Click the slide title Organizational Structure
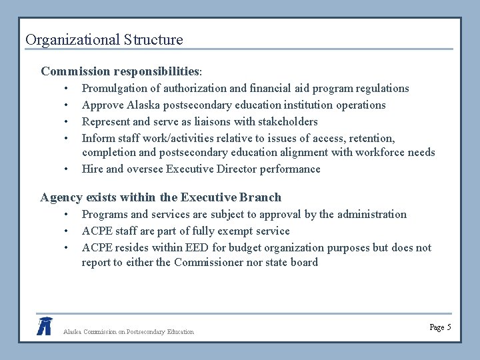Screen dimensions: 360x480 pyautogui.click(x=104, y=40)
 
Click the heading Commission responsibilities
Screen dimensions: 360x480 pyautogui.click(x=120, y=71)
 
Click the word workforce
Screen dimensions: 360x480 pyautogui.click(x=378, y=153)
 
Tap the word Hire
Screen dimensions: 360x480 pyautogui.click(x=92, y=169)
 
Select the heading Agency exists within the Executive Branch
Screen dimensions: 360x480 pyautogui.click(x=161, y=197)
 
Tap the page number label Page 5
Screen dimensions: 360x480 pyautogui.click(x=441, y=327)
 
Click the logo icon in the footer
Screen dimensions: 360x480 pyautogui.click(x=45, y=325)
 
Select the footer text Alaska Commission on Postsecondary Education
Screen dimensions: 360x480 pyautogui.click(x=128, y=331)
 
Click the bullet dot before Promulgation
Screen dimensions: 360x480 pyautogui.click(x=67, y=89)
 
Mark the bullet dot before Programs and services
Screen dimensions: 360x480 pyautogui.click(x=67, y=215)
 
